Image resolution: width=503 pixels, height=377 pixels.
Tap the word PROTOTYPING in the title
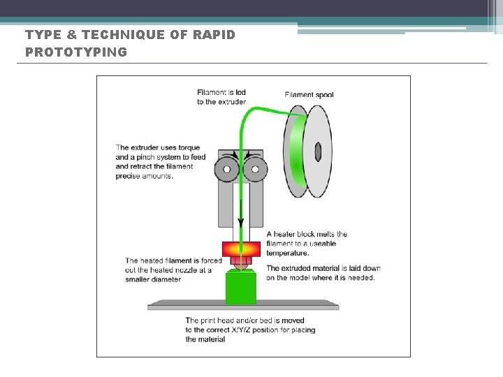coord(76,52)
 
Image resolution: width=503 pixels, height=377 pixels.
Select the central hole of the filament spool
coord(318,151)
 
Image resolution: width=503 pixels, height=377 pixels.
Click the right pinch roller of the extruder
coord(256,168)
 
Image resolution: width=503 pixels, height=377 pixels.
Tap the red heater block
coord(242,249)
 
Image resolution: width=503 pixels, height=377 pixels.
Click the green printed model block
coord(242,288)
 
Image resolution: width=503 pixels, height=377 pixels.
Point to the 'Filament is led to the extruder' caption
coord(221,96)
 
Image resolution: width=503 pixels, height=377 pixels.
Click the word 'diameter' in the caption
coord(166,279)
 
